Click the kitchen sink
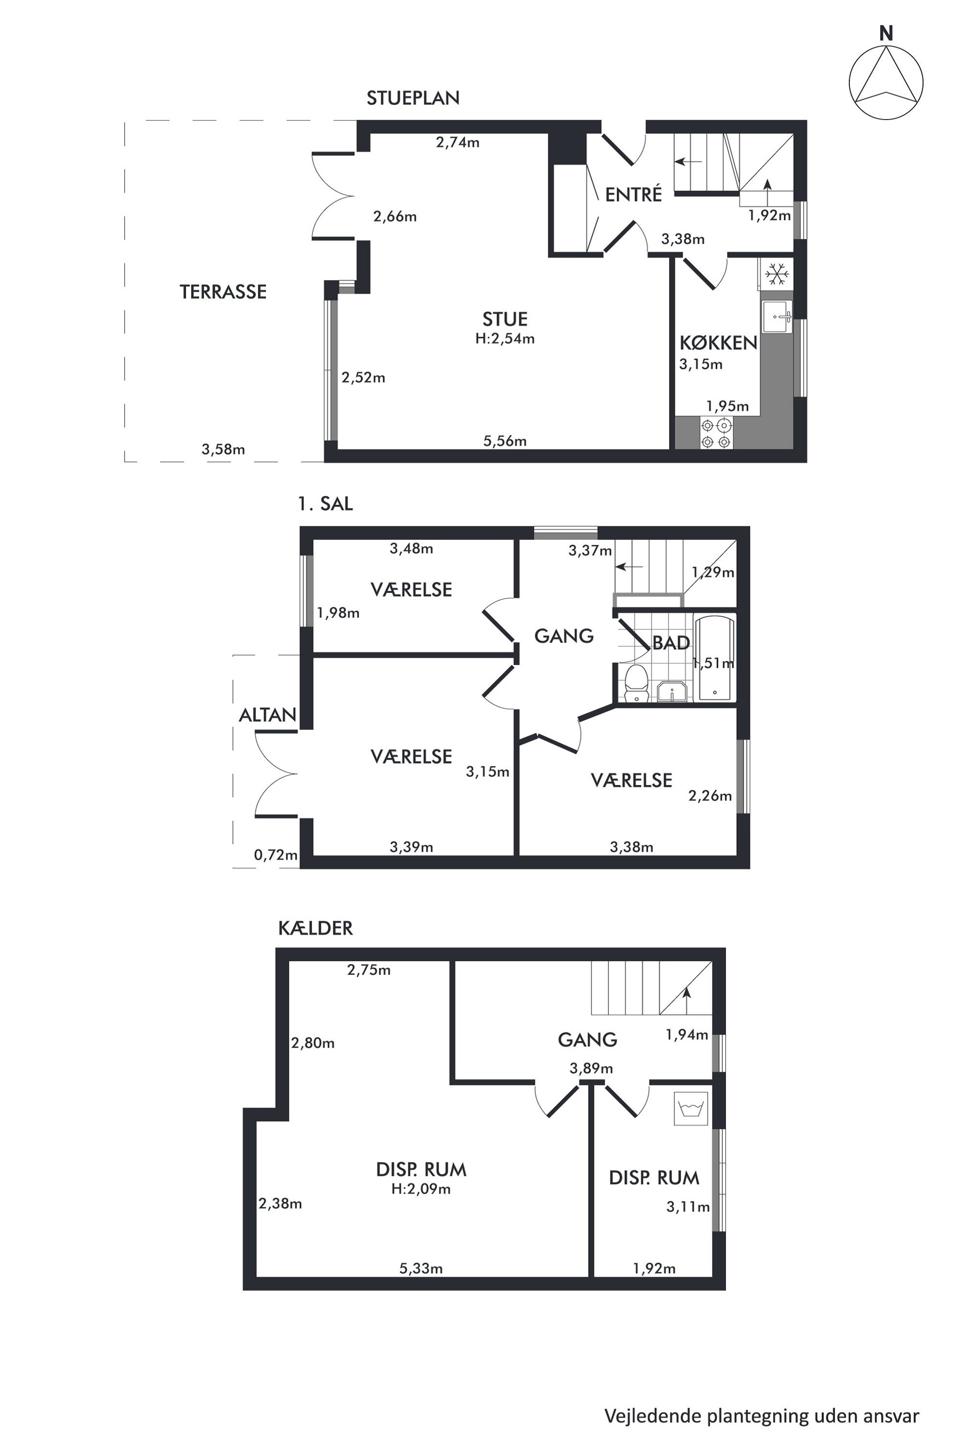(777, 317)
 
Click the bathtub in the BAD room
(714, 658)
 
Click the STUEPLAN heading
(413, 98)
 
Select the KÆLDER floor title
(316, 928)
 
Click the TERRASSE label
(223, 291)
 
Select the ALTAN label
(267, 715)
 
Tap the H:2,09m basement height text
(421, 1189)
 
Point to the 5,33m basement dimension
(421, 1269)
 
